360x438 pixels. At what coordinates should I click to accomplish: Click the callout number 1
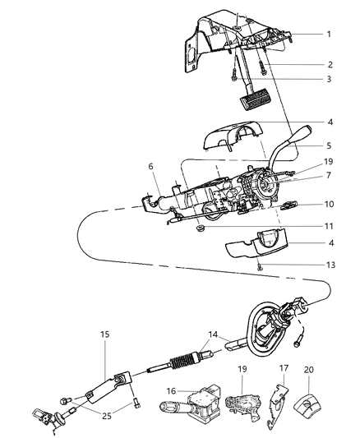(329, 35)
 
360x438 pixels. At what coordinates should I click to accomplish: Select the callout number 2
(329, 63)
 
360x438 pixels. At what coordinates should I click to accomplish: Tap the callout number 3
(329, 79)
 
